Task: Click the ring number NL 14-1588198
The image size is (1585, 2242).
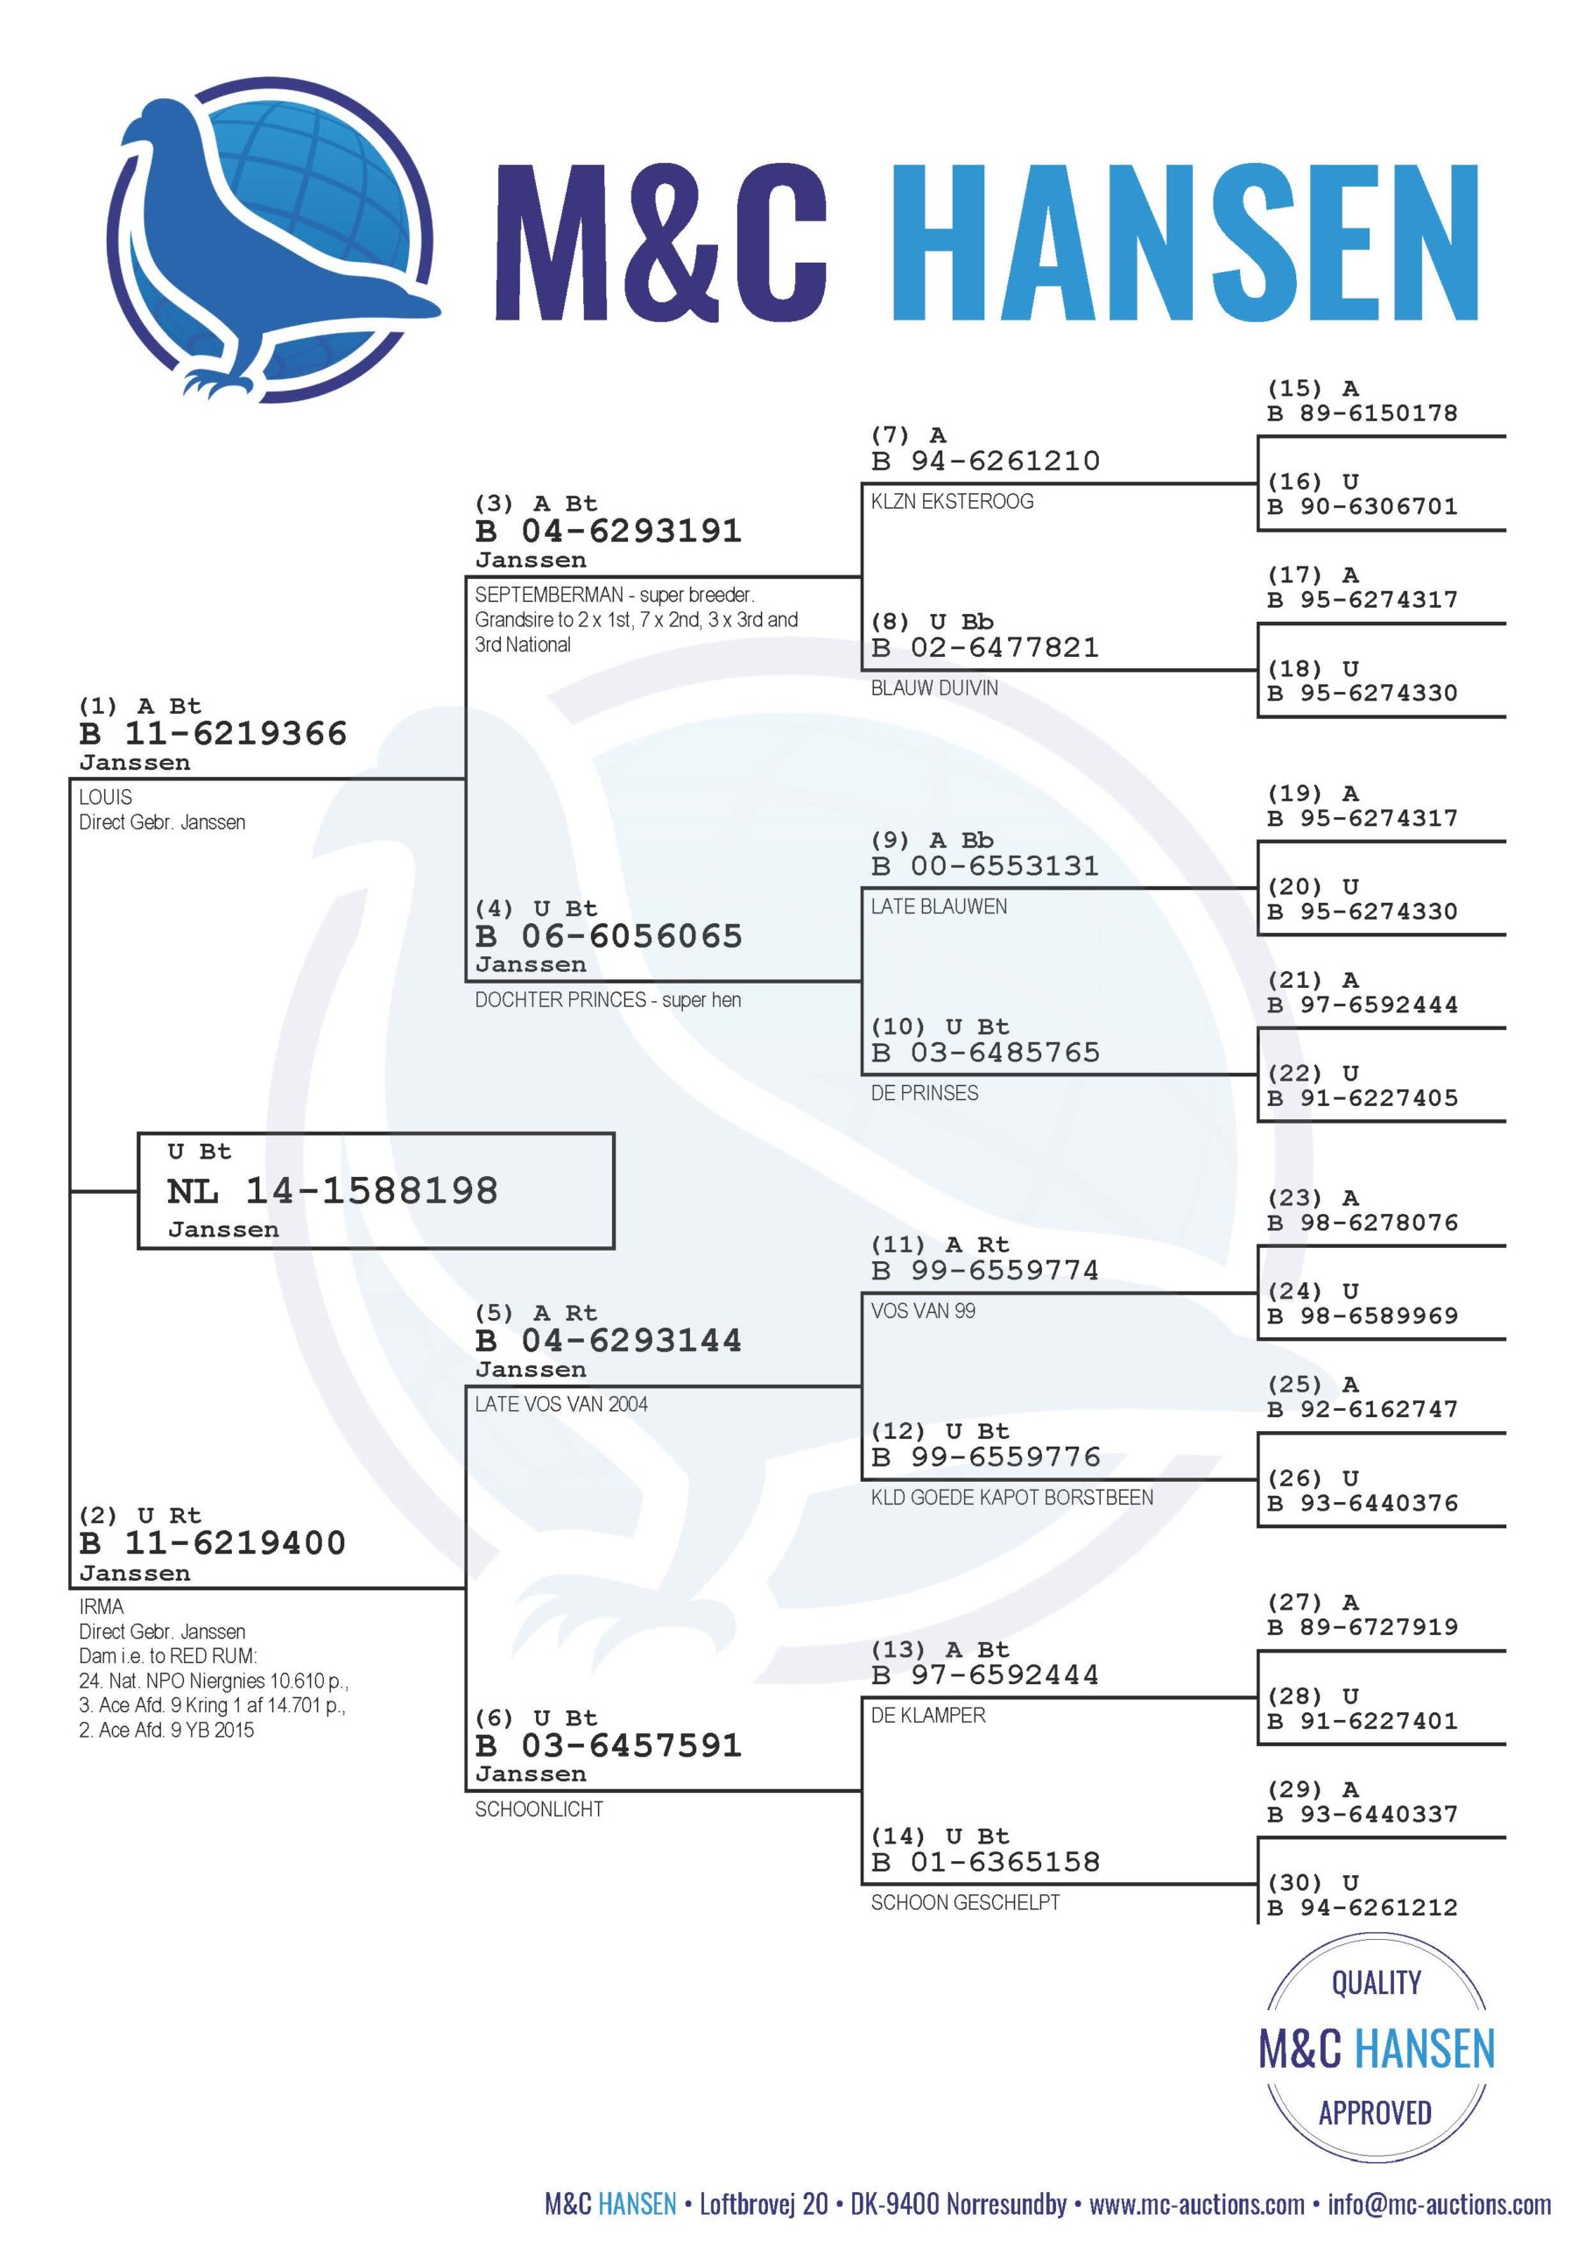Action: (332, 1190)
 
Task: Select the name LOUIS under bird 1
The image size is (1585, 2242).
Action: (105, 797)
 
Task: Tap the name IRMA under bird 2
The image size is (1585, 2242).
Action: (102, 1606)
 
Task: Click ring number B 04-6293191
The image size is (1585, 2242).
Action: (609, 532)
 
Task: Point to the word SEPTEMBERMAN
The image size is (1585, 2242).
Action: (549, 595)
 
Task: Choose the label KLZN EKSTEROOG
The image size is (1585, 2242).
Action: (952, 501)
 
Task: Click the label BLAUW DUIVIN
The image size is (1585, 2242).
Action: (934, 687)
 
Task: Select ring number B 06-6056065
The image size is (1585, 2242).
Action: (609, 936)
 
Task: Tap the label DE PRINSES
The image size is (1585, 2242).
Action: (925, 1093)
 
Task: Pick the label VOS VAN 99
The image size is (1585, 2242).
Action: (923, 1310)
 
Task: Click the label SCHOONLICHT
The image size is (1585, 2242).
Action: (539, 1809)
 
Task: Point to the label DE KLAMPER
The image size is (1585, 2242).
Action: (927, 1715)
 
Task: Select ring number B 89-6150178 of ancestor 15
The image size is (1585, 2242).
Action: (1363, 413)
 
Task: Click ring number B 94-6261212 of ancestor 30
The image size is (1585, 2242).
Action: (1363, 1907)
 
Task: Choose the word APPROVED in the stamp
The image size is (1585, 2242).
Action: (1375, 2113)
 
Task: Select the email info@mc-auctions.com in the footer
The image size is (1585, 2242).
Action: (1440, 2204)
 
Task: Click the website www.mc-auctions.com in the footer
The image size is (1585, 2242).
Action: (1196, 2204)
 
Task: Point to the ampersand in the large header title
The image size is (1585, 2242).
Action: (675, 241)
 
